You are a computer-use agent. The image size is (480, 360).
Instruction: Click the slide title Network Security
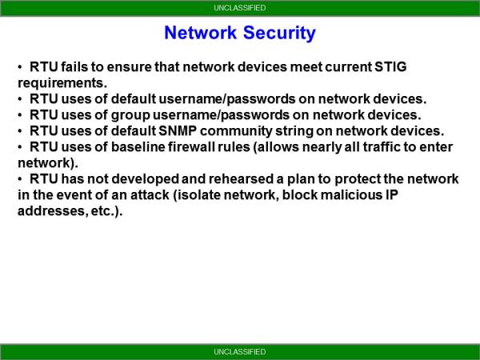tap(240, 34)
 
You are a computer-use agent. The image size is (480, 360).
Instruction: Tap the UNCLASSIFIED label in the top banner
tap(240, 8)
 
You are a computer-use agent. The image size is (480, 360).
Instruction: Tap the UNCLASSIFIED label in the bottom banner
tap(240, 352)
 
